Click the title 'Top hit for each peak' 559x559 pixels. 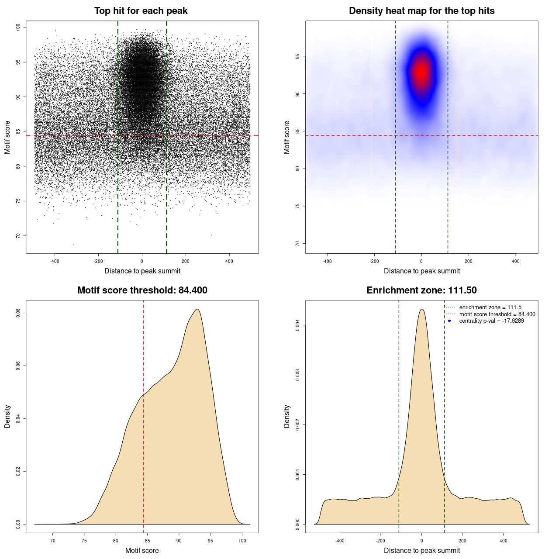pyautogui.click(x=141, y=11)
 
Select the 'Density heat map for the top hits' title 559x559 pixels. pyautogui.click(x=421, y=11)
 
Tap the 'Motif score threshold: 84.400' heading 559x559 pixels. pyautogui.click(x=142, y=290)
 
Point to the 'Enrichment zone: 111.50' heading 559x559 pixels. pyautogui.click(x=421, y=290)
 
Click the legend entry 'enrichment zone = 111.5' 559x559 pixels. pyautogui.click(x=490, y=307)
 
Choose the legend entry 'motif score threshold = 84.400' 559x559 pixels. pyautogui.click(x=497, y=314)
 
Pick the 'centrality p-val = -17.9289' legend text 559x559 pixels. pyautogui.click(x=491, y=321)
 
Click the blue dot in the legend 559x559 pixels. pyautogui.click(x=449, y=321)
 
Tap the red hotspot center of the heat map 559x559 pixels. pyautogui.click(x=421, y=72)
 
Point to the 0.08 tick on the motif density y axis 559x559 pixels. pyautogui.click(x=18, y=313)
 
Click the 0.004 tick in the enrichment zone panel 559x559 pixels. pyautogui.click(x=297, y=325)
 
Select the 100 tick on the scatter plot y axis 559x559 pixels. pyautogui.click(x=18, y=28)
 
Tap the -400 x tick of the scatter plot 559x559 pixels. pyautogui.click(x=55, y=261)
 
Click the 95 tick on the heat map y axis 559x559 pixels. pyautogui.click(x=297, y=56)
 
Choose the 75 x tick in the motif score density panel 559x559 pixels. pyautogui.click(x=84, y=541)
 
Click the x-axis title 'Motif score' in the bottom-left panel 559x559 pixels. pyautogui.click(x=142, y=550)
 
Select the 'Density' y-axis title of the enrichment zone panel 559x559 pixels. pyautogui.click(x=287, y=416)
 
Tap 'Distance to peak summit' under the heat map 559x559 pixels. pyautogui.click(x=421, y=271)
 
